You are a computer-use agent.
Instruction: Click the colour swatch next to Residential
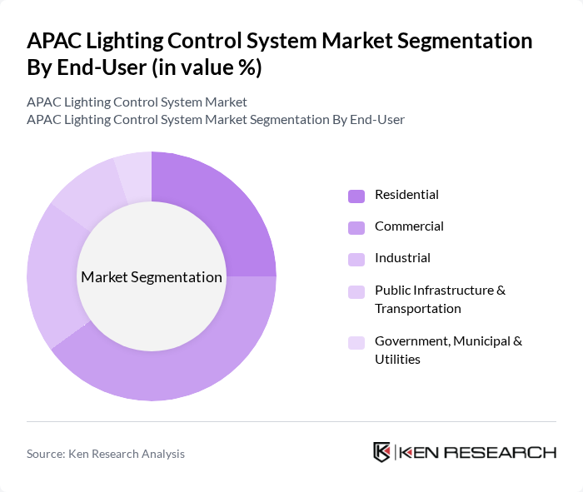tap(356, 196)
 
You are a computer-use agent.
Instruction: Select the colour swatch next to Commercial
tap(356, 227)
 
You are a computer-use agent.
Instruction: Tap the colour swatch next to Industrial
tap(356, 259)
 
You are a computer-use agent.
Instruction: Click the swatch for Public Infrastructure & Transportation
tap(356, 291)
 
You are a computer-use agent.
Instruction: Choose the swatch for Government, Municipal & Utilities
tap(356, 342)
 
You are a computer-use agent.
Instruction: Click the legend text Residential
tap(406, 195)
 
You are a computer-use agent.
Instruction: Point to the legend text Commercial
tap(409, 226)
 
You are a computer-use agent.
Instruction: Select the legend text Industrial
tap(402, 258)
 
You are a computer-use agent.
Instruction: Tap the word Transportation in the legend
tap(417, 309)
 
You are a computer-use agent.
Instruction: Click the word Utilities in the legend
tap(397, 360)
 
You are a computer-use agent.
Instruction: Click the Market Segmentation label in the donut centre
tap(151, 277)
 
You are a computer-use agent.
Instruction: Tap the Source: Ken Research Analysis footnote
tap(106, 454)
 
